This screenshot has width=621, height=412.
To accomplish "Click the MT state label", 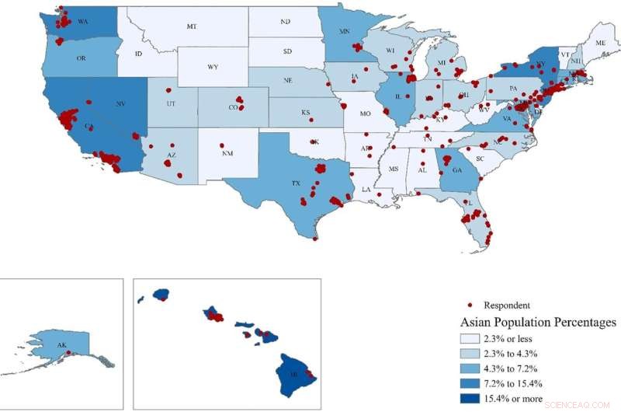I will pos(191,27).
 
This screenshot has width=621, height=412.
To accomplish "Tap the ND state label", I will pos(286,22).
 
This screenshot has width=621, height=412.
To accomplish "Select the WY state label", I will pos(213,68).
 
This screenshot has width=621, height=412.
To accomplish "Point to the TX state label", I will pos(296,183).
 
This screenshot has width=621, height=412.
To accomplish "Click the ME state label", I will pos(601,44).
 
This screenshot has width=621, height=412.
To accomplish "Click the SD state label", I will pos(288,52).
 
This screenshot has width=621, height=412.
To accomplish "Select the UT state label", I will pos(170,103).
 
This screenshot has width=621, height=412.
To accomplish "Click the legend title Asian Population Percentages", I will pos(538,322).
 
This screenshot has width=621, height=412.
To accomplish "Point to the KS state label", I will pos(306,113).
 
